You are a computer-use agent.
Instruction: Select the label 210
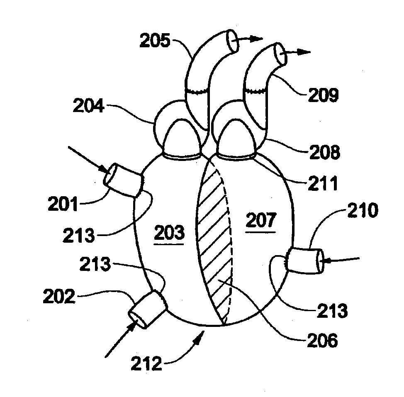[x=363, y=212]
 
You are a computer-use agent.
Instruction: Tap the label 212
[x=146, y=364]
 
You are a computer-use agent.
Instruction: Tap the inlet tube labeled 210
[x=304, y=261]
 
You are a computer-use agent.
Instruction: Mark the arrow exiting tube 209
[x=299, y=52]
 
